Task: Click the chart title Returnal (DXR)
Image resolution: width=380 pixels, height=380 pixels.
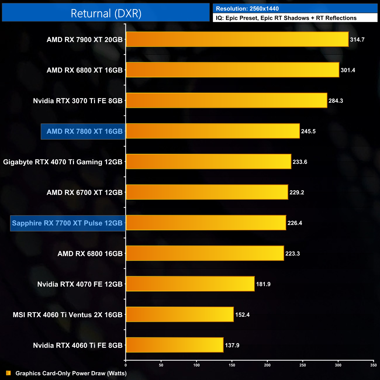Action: click(x=106, y=13)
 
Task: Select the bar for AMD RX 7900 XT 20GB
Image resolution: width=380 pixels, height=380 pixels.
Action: click(x=237, y=39)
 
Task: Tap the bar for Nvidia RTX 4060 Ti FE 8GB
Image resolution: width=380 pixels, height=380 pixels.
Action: click(x=175, y=345)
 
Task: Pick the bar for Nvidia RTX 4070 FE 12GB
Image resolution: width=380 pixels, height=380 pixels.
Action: click(x=190, y=284)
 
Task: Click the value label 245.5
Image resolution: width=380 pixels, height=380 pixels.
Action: click(x=308, y=132)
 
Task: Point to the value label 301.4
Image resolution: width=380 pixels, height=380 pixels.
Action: click(x=348, y=70)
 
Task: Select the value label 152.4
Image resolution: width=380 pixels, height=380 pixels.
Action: click(x=242, y=315)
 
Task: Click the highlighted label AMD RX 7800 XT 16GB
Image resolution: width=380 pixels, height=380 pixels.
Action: click(x=84, y=132)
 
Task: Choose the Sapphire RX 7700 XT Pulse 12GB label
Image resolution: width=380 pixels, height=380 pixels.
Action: click(x=67, y=223)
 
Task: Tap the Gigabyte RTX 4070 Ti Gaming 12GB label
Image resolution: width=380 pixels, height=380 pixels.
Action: click(x=63, y=162)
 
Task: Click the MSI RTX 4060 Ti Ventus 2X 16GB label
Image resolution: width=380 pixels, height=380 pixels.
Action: click(x=68, y=315)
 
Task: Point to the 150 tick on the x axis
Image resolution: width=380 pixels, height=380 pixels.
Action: click(x=232, y=365)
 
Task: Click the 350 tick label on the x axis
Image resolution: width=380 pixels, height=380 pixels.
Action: click(x=373, y=365)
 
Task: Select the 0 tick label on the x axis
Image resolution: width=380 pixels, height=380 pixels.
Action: click(x=126, y=365)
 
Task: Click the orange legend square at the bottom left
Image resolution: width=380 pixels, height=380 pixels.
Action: click(x=8, y=373)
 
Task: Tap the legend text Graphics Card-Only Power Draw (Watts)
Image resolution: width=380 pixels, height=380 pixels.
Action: click(x=71, y=373)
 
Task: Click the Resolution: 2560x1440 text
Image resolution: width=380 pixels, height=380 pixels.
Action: click(x=247, y=9)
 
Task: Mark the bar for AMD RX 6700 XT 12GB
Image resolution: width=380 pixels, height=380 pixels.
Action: click(x=207, y=192)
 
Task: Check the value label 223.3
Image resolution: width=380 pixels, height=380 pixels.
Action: click(x=292, y=254)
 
